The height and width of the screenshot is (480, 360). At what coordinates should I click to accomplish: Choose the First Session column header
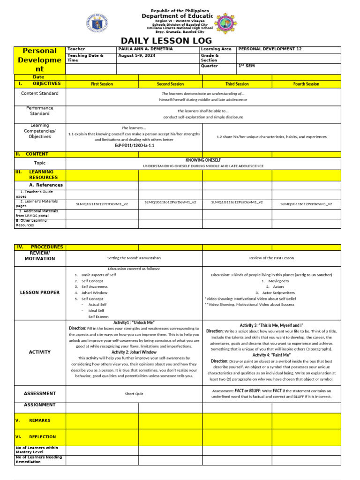(102, 84)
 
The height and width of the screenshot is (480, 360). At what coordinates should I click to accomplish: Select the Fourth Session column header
(306, 84)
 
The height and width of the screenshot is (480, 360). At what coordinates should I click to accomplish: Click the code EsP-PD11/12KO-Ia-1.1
(134, 146)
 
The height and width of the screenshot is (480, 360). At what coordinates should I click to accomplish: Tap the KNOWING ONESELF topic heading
(203, 160)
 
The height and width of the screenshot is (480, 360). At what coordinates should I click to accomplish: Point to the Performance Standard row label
(40, 111)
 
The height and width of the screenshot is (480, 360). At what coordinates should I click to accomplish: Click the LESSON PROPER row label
(40, 292)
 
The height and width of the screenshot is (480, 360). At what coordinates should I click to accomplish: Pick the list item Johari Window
(94, 292)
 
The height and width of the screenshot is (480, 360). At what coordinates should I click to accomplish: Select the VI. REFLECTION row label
(36, 437)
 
